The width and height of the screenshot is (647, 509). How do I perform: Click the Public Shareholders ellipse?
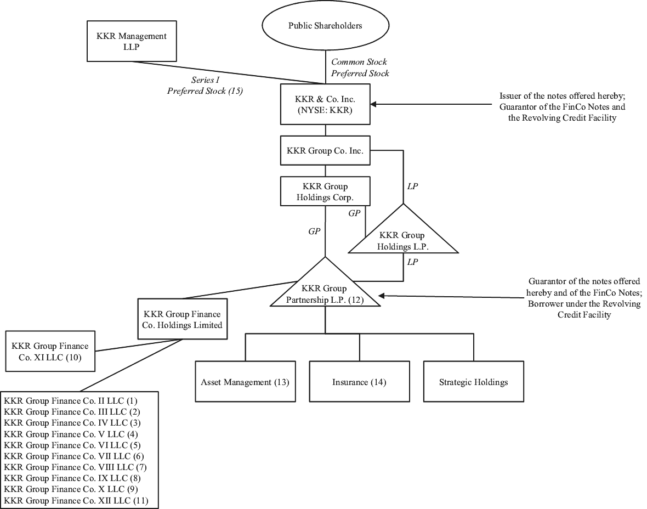click(x=326, y=26)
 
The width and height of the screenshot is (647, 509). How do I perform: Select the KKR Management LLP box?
click(x=132, y=41)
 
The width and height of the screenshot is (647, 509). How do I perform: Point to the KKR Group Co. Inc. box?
click(x=326, y=151)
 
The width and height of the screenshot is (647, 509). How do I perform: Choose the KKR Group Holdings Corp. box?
click(x=325, y=191)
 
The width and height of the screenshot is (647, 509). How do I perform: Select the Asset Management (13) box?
click(x=245, y=382)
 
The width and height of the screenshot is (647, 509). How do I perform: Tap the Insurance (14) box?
click(x=359, y=382)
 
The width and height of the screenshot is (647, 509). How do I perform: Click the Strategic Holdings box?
click(x=473, y=382)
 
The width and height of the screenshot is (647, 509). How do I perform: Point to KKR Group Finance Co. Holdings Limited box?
click(x=182, y=320)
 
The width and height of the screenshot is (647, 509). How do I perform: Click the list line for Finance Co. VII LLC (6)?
click(x=74, y=456)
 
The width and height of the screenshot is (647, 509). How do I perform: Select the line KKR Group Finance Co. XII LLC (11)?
click(x=76, y=500)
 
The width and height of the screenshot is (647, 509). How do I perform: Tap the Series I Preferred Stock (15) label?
click(x=205, y=86)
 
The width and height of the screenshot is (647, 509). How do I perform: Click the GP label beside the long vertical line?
click(x=314, y=231)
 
